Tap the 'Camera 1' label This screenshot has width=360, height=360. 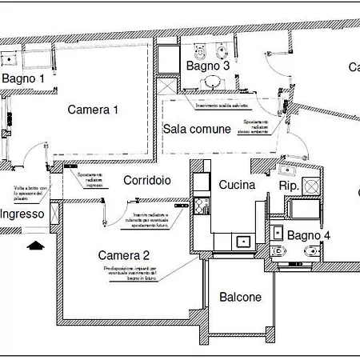(93, 110)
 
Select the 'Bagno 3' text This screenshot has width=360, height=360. (208, 66)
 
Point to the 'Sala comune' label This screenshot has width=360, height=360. (197, 128)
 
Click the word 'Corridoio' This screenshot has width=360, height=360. (146, 181)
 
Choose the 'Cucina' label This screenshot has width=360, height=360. (237, 185)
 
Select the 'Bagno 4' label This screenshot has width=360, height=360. (308, 235)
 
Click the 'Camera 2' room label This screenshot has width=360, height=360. (124, 255)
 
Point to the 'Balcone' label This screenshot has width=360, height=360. (240, 297)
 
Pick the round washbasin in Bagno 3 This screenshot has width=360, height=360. (211, 82)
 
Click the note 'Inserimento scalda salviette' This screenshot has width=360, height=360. (220, 106)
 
